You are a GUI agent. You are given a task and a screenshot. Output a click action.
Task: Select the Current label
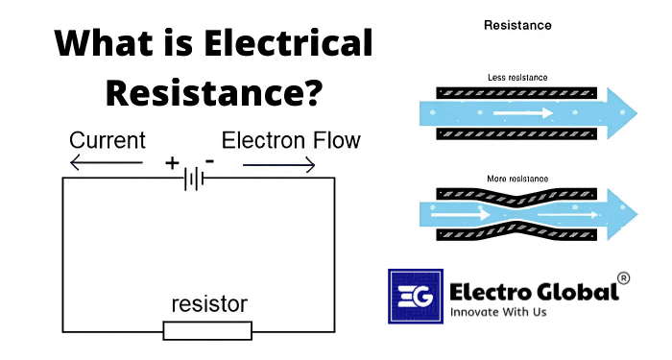[107, 141]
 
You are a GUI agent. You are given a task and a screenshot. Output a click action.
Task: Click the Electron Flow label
[291, 141]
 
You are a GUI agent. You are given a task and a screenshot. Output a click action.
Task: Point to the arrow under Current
[106, 165]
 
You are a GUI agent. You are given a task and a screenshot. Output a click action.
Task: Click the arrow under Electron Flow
[278, 165]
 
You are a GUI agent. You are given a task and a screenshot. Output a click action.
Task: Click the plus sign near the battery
[172, 163]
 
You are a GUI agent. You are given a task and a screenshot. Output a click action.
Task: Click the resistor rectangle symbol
[207, 330]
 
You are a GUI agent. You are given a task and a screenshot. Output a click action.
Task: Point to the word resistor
[208, 305]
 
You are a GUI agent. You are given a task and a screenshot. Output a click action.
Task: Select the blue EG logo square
[414, 297]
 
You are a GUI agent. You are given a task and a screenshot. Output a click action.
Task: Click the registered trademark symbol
[623, 278]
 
